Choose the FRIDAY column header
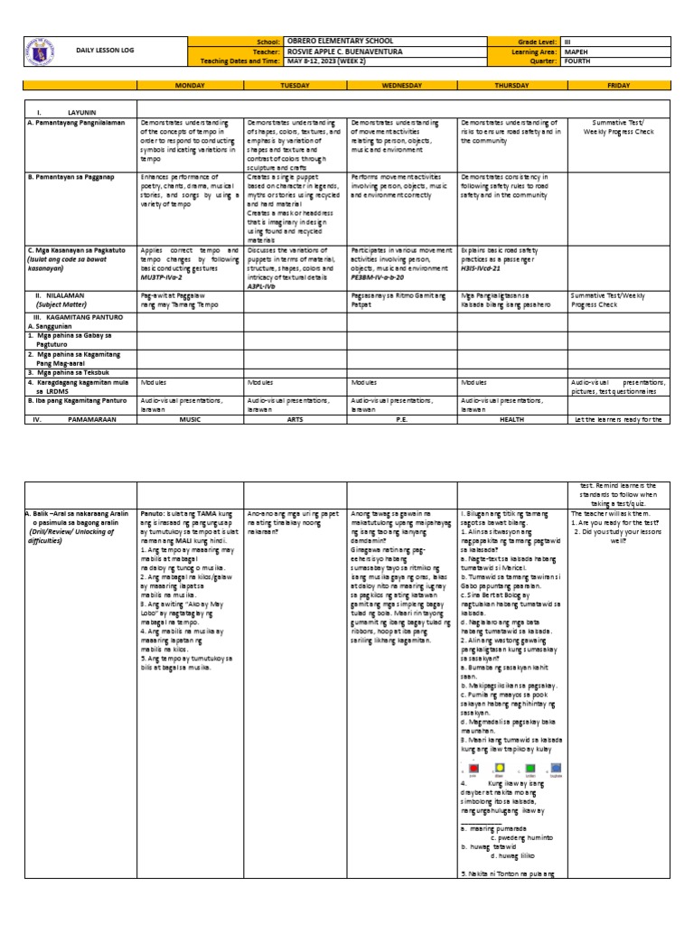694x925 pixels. (619, 86)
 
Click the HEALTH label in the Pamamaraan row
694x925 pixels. (511, 420)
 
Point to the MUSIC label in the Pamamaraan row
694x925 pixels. (190, 420)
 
